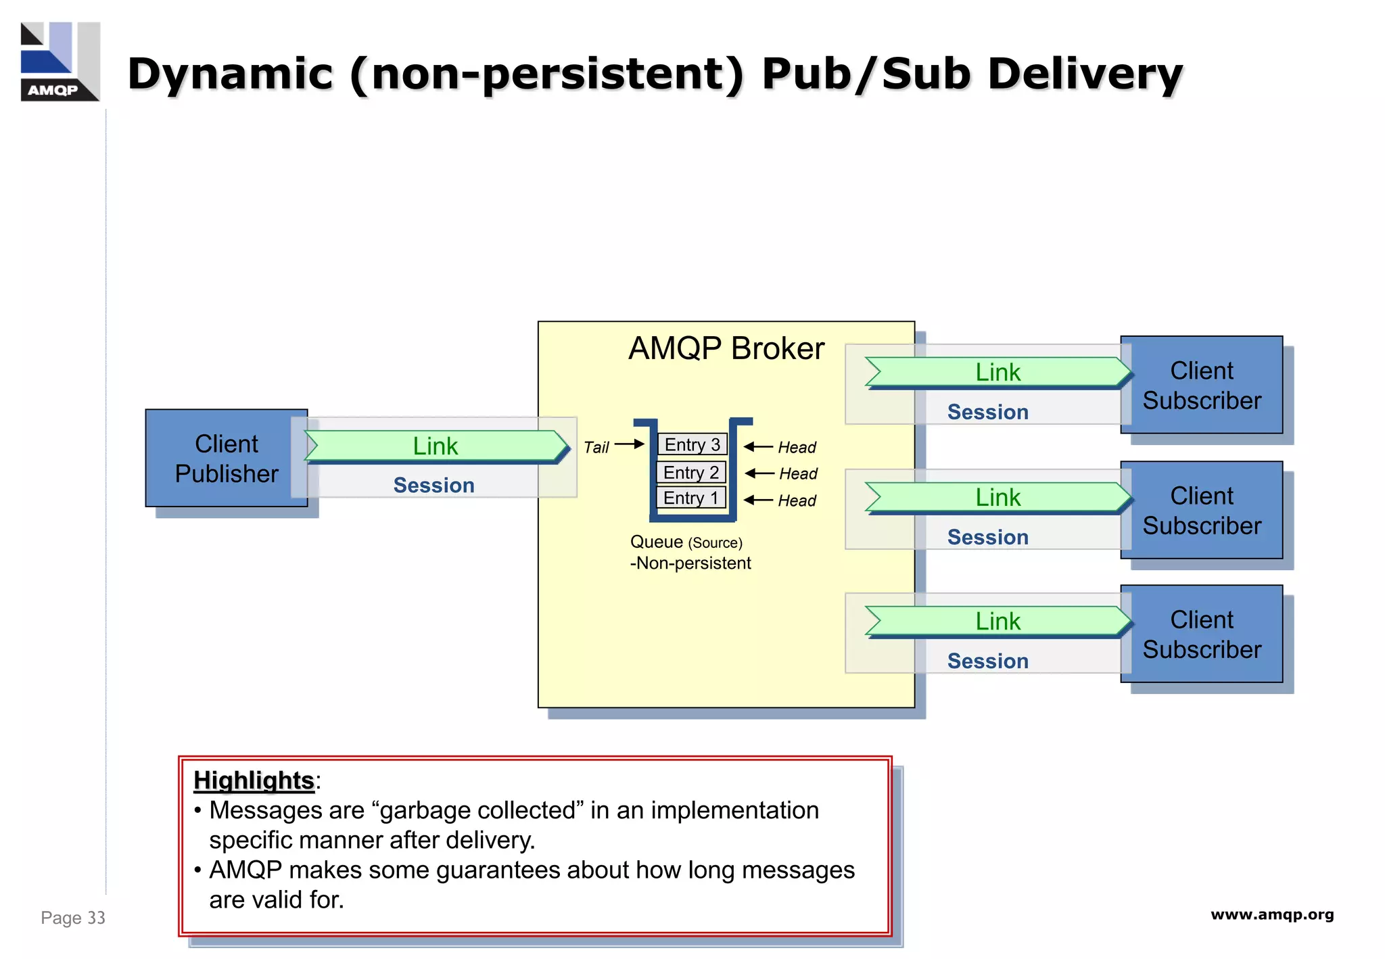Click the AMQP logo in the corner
60,62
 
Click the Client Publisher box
226,459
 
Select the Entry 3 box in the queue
692,444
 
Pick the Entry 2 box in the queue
690,472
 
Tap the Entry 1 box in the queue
690,498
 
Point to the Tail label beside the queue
596,447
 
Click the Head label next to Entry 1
797,500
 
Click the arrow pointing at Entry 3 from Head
758,446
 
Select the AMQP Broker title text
726,348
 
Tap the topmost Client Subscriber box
1201,385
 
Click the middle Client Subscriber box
1201,510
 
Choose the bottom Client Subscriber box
1201,634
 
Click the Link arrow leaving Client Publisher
436,446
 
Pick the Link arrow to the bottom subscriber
997,621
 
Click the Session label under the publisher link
433,485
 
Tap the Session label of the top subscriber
987,412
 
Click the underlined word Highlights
254,780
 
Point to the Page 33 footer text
73,918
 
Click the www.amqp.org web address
1271,914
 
